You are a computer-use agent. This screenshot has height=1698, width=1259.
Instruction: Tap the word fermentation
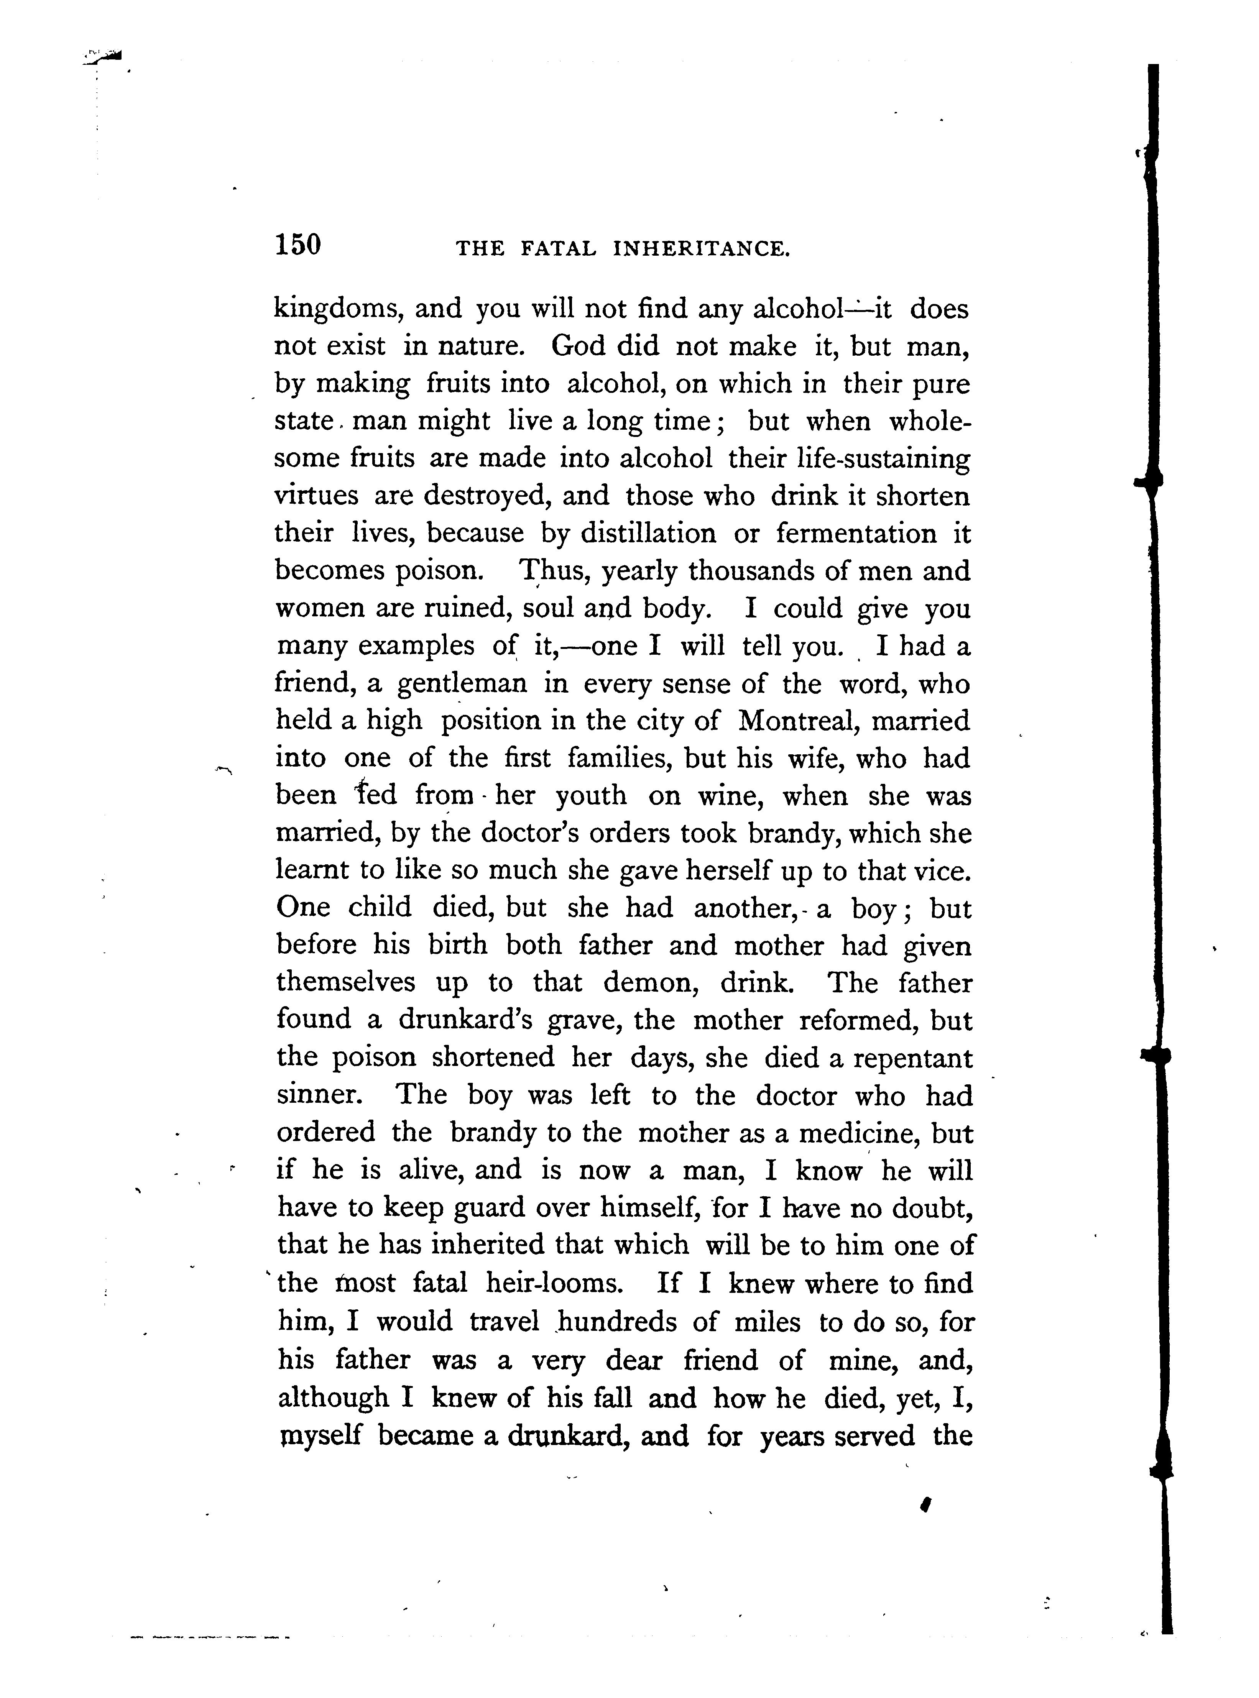coord(856,533)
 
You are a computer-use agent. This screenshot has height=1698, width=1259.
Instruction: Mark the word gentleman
coord(462,684)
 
